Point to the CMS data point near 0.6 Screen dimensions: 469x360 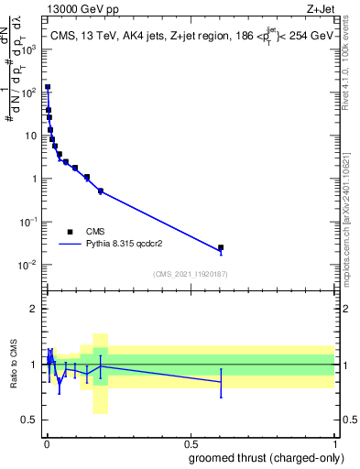220,247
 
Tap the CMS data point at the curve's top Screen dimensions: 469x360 48,87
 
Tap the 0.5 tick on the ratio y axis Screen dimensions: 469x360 33,420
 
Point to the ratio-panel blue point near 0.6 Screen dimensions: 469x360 220,382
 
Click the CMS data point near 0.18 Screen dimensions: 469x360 100,191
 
